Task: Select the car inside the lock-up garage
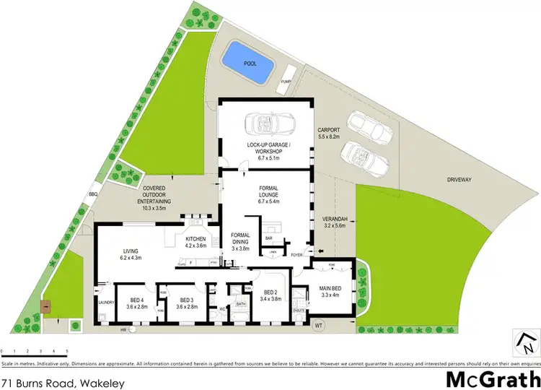268,125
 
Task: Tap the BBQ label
92,194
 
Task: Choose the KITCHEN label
195,239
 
